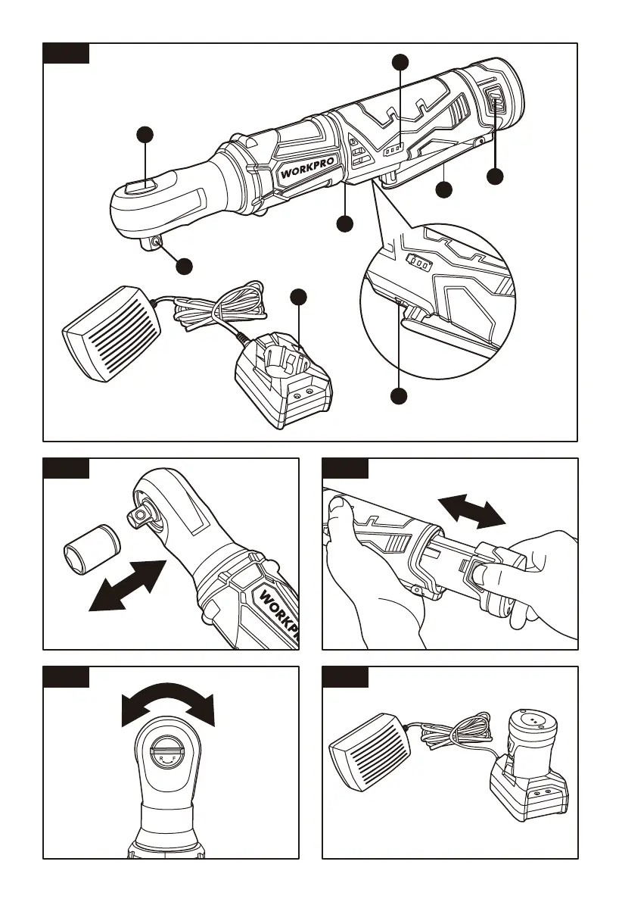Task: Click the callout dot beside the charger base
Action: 299,296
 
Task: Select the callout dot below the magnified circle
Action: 399,395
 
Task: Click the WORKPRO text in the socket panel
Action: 277,613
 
